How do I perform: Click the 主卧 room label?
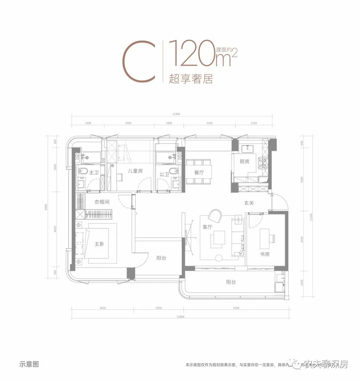(x=99, y=244)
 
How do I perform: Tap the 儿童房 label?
(x=135, y=171)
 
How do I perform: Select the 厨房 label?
(x=244, y=162)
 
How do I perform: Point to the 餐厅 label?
(x=199, y=173)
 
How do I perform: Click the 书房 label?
(x=265, y=254)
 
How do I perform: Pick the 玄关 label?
(x=249, y=203)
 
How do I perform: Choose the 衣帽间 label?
(x=102, y=202)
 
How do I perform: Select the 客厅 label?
(x=207, y=227)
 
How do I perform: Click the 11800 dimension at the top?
(x=176, y=114)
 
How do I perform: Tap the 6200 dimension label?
(x=236, y=308)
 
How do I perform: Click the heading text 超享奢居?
(x=191, y=79)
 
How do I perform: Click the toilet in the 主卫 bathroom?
(x=84, y=172)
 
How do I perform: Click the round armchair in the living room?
(x=215, y=216)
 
